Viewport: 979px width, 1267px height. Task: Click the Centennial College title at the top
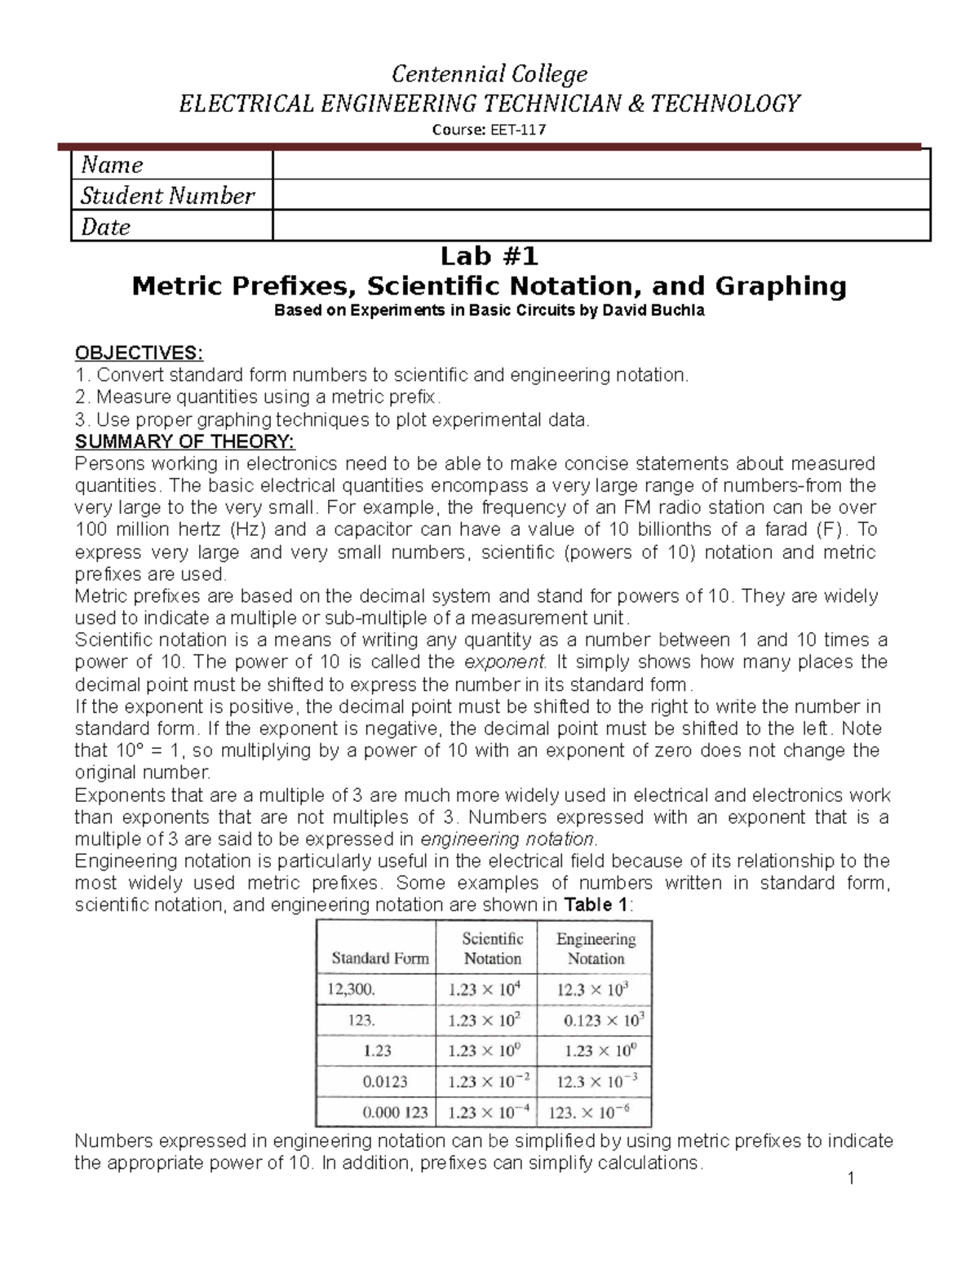click(489, 74)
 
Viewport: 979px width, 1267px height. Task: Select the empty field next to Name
click(600, 165)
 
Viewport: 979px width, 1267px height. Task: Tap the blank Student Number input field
click(600, 195)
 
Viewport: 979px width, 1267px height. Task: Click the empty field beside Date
click(600, 226)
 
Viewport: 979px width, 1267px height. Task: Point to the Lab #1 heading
click(489, 257)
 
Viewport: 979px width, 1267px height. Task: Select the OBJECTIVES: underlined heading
click(139, 353)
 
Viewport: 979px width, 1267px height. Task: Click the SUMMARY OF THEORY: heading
click(185, 442)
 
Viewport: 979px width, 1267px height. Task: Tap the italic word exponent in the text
click(503, 662)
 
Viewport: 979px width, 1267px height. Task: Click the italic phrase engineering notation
click(507, 839)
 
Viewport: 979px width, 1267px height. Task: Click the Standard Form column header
click(379, 959)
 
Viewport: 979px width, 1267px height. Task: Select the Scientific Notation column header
click(493, 949)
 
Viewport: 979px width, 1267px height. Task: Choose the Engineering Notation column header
click(596, 949)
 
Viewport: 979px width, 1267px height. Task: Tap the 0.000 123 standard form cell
click(395, 1112)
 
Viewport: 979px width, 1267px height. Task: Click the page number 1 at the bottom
click(850, 1177)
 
